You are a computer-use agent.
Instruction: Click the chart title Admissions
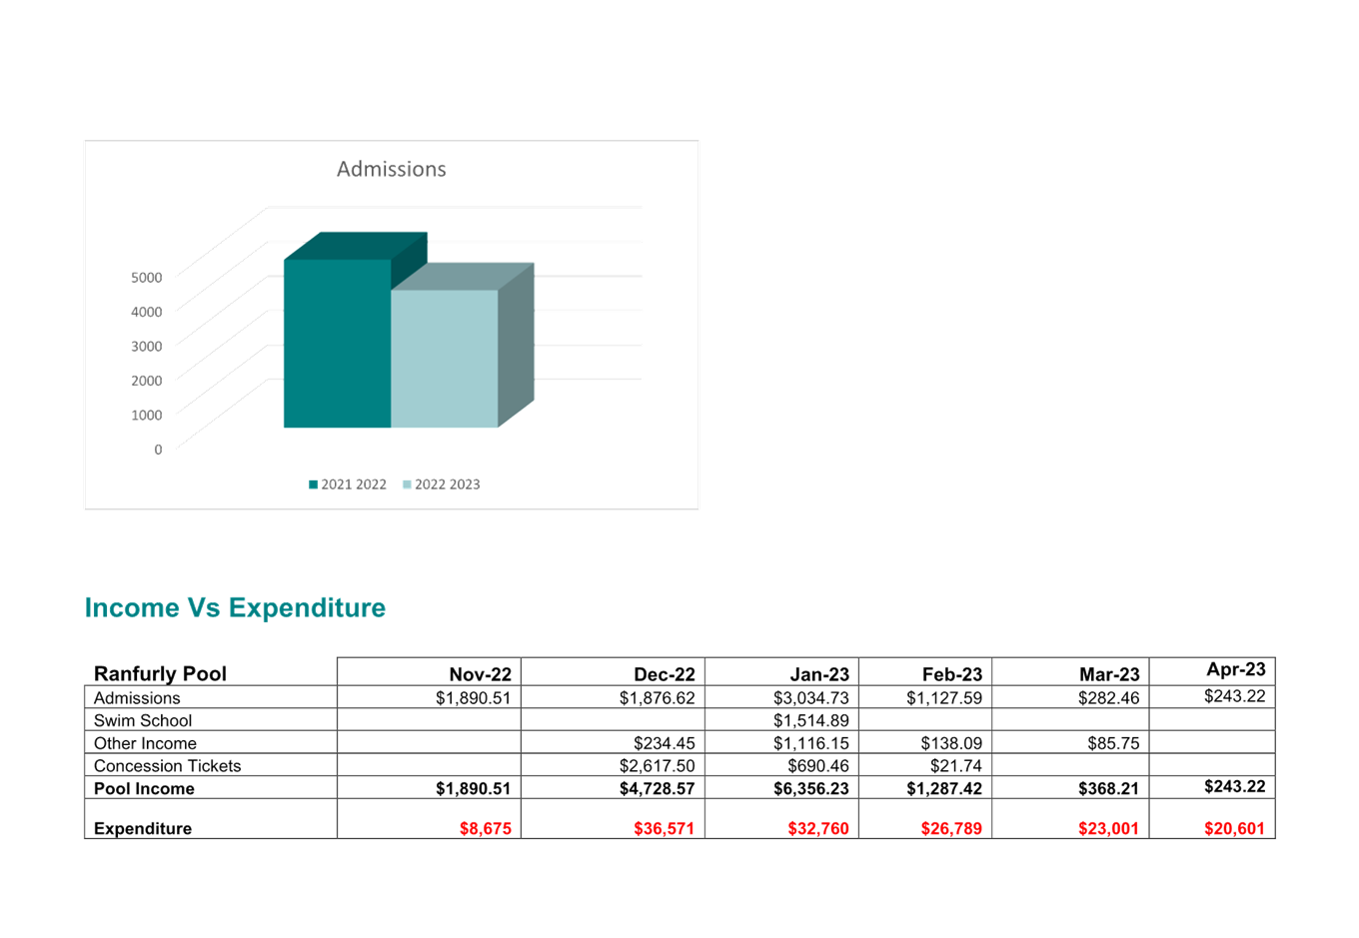(x=391, y=169)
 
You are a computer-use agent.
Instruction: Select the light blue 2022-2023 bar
(x=444, y=359)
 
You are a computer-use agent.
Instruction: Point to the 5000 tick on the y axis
(x=147, y=277)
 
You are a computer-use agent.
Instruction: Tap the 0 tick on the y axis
(x=158, y=450)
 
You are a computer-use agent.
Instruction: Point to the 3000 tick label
(x=147, y=346)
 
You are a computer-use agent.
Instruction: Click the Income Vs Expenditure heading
(x=235, y=607)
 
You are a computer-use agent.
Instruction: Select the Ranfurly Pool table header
(x=160, y=673)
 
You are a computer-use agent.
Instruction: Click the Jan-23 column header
(x=818, y=674)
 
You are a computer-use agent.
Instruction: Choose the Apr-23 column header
(x=1235, y=669)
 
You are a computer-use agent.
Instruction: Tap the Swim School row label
(x=143, y=720)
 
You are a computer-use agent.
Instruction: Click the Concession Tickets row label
(x=168, y=766)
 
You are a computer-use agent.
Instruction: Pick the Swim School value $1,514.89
(x=810, y=720)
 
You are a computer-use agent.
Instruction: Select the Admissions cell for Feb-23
(x=943, y=697)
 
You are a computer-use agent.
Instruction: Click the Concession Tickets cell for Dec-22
(x=657, y=766)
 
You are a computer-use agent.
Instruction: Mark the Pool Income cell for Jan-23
(x=810, y=788)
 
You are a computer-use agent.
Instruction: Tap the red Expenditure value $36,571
(x=664, y=828)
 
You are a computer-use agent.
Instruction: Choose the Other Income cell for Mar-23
(x=1112, y=743)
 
